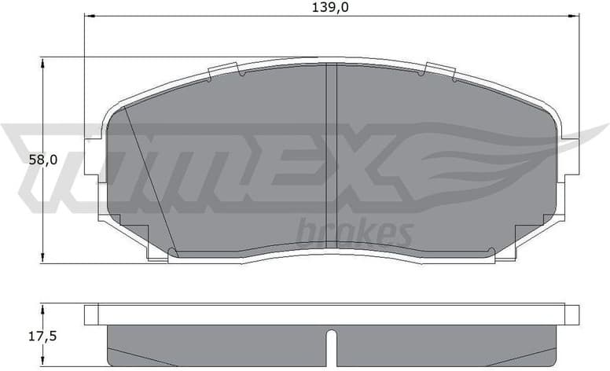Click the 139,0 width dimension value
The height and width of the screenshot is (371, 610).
(331, 7)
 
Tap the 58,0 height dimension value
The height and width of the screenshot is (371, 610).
(42, 159)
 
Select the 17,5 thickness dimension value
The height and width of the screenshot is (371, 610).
(42, 336)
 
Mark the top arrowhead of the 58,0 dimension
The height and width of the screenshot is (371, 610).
(42, 61)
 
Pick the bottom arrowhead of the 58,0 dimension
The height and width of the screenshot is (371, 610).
(42, 259)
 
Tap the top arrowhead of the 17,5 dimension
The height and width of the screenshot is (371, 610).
(42, 309)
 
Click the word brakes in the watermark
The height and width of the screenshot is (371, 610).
(354, 233)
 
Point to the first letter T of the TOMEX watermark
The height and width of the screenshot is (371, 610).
(47, 157)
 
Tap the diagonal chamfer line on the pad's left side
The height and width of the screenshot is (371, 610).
(149, 181)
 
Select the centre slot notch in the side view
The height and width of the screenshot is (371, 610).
(331, 346)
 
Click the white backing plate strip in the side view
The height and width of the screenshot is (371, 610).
(331, 314)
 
